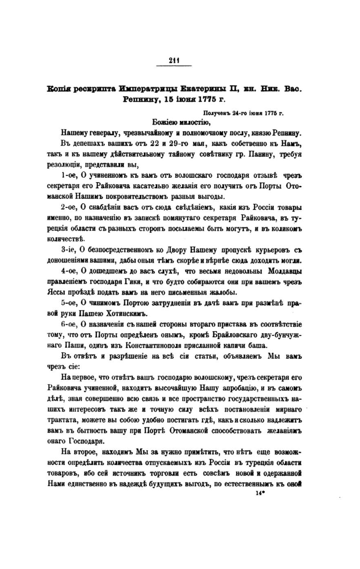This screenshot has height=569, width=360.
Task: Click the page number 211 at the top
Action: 174,61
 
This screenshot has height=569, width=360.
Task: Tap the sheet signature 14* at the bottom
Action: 260,493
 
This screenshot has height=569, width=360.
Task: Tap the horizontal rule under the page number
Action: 174,66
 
